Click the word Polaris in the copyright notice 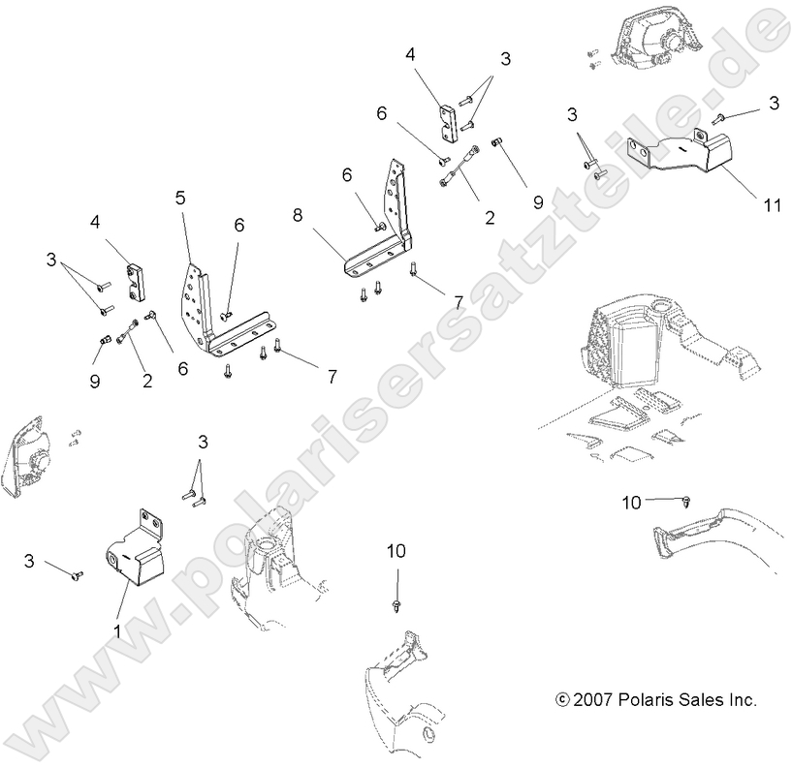(x=646, y=699)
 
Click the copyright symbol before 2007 (x=562, y=699)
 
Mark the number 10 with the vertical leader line (x=396, y=551)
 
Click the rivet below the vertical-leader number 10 (x=397, y=605)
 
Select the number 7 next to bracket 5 (x=332, y=377)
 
